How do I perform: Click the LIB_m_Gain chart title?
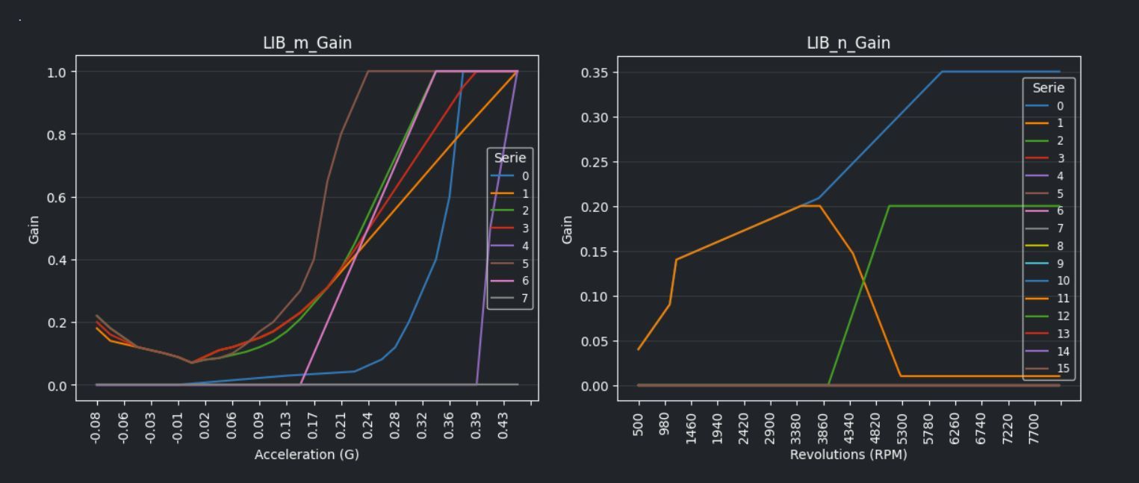(x=307, y=43)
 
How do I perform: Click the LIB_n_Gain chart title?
(x=848, y=43)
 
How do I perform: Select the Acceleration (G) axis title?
(x=307, y=455)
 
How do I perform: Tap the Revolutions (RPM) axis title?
(x=848, y=455)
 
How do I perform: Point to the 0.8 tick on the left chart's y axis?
(x=58, y=134)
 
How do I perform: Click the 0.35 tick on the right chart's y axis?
(x=596, y=72)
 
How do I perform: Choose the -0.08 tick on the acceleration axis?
(x=96, y=426)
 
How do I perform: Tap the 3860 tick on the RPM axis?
(x=823, y=427)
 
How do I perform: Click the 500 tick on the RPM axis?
(x=639, y=423)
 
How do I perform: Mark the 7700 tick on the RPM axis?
(x=1034, y=427)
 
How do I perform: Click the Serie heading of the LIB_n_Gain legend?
(x=1049, y=88)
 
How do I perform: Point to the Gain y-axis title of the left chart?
(x=34, y=229)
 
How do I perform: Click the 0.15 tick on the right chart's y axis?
(x=596, y=252)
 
